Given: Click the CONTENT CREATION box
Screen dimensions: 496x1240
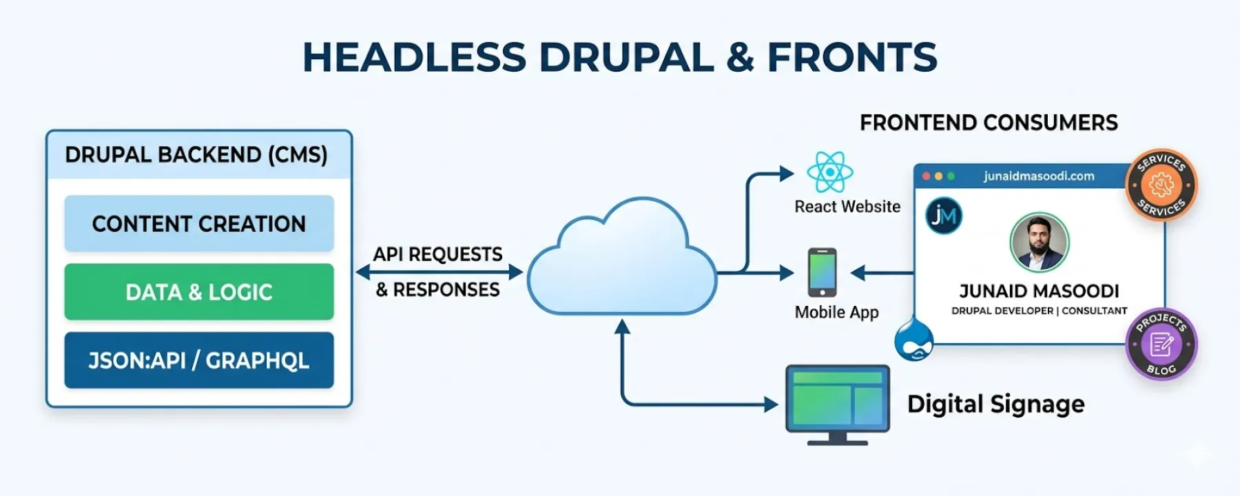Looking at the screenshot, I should pos(199,224).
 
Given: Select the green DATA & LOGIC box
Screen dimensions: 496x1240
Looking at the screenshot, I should pos(199,292).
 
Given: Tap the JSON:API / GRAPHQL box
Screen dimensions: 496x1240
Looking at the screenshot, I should pos(199,360).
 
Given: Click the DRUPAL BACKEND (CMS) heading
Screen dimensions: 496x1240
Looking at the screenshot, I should pos(196,155).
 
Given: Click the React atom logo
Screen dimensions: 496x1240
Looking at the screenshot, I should pos(829,172).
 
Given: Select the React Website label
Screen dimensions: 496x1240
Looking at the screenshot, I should pos(847,207).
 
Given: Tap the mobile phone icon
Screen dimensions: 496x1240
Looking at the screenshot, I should pos(823,272).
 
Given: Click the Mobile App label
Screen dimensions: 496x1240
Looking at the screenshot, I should pos(836,312).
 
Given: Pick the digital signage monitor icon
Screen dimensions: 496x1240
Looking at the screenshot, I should pos(837,402).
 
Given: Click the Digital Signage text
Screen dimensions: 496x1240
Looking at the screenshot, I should pos(995,404).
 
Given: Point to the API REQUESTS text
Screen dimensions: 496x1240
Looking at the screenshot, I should pos(437,254).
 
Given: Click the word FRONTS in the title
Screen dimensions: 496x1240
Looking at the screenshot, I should pos(852,57).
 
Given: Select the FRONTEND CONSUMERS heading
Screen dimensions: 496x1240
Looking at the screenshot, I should pos(989,123).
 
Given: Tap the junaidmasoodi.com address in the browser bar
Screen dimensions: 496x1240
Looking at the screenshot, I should pos(1039,176).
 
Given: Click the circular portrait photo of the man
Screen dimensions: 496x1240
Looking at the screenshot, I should pos(1039,242).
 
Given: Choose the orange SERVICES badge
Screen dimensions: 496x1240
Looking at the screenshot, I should pos(1161,185).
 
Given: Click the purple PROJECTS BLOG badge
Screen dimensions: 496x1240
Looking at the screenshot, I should pos(1161,344).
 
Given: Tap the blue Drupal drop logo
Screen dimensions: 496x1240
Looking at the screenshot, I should pos(914,340).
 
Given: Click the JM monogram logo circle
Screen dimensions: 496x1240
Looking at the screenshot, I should pos(944,216).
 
